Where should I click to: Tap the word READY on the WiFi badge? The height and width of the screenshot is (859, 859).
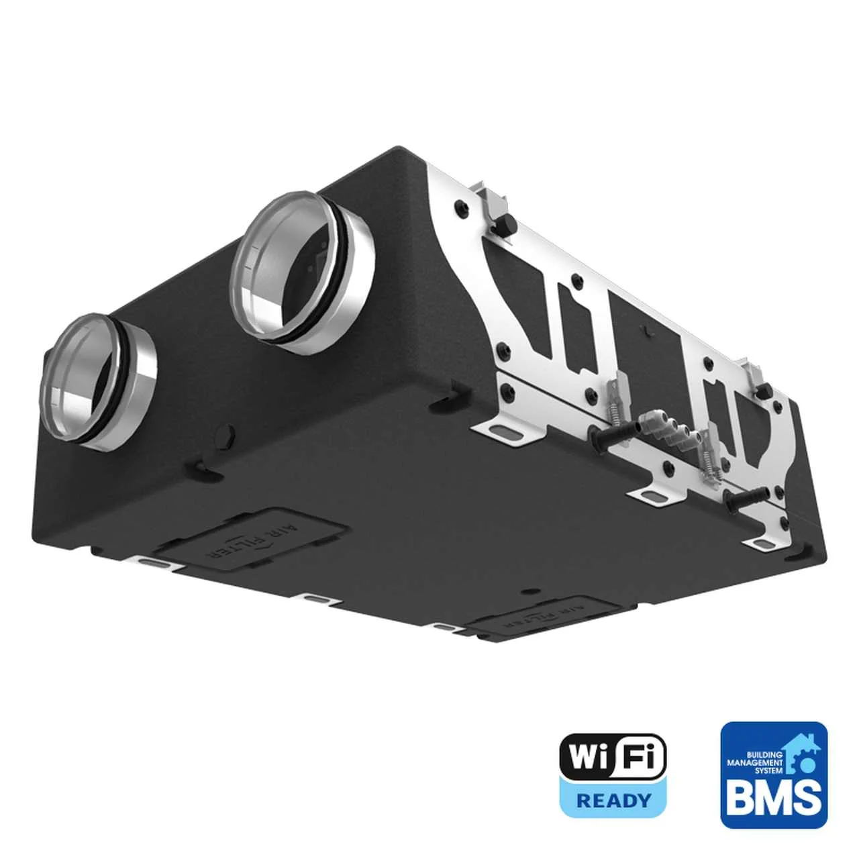point(613,800)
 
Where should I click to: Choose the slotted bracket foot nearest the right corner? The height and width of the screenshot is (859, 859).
point(762,540)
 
